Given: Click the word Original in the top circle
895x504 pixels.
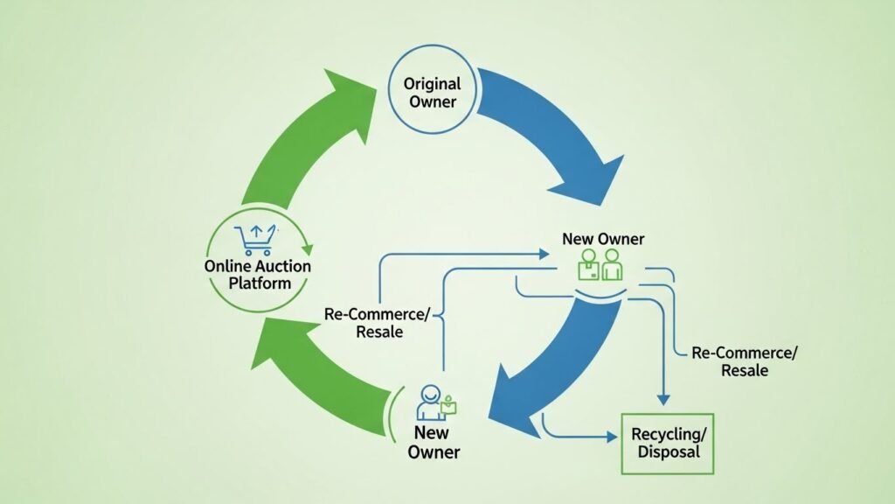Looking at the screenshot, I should [x=432, y=85].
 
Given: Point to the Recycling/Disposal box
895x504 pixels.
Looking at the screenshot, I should [x=667, y=444].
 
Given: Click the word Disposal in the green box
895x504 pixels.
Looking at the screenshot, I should [x=667, y=453].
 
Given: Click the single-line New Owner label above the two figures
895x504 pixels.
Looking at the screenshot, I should [x=603, y=239].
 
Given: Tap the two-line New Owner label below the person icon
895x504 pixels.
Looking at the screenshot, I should [x=433, y=442].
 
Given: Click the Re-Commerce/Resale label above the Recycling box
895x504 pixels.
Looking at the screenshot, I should [x=745, y=361].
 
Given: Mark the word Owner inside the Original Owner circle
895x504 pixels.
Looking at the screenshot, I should [x=432, y=102].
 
